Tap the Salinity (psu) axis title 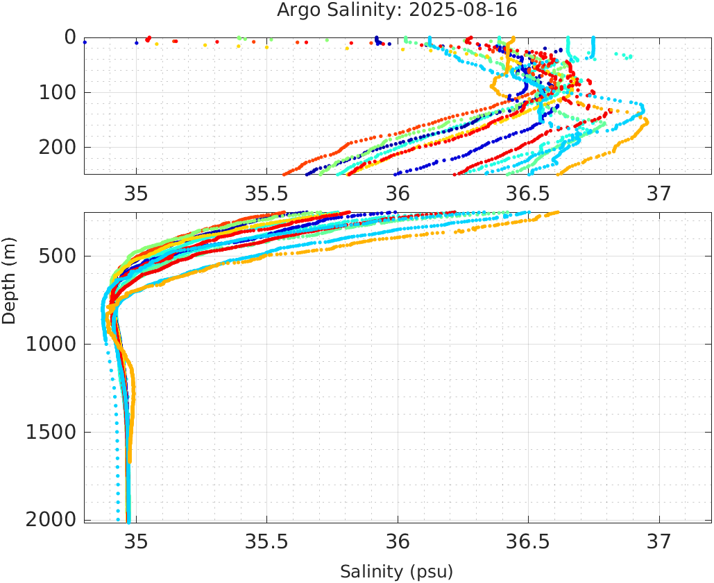(x=396, y=572)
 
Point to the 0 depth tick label (x=70, y=37)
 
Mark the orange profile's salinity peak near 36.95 (x=646, y=121)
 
